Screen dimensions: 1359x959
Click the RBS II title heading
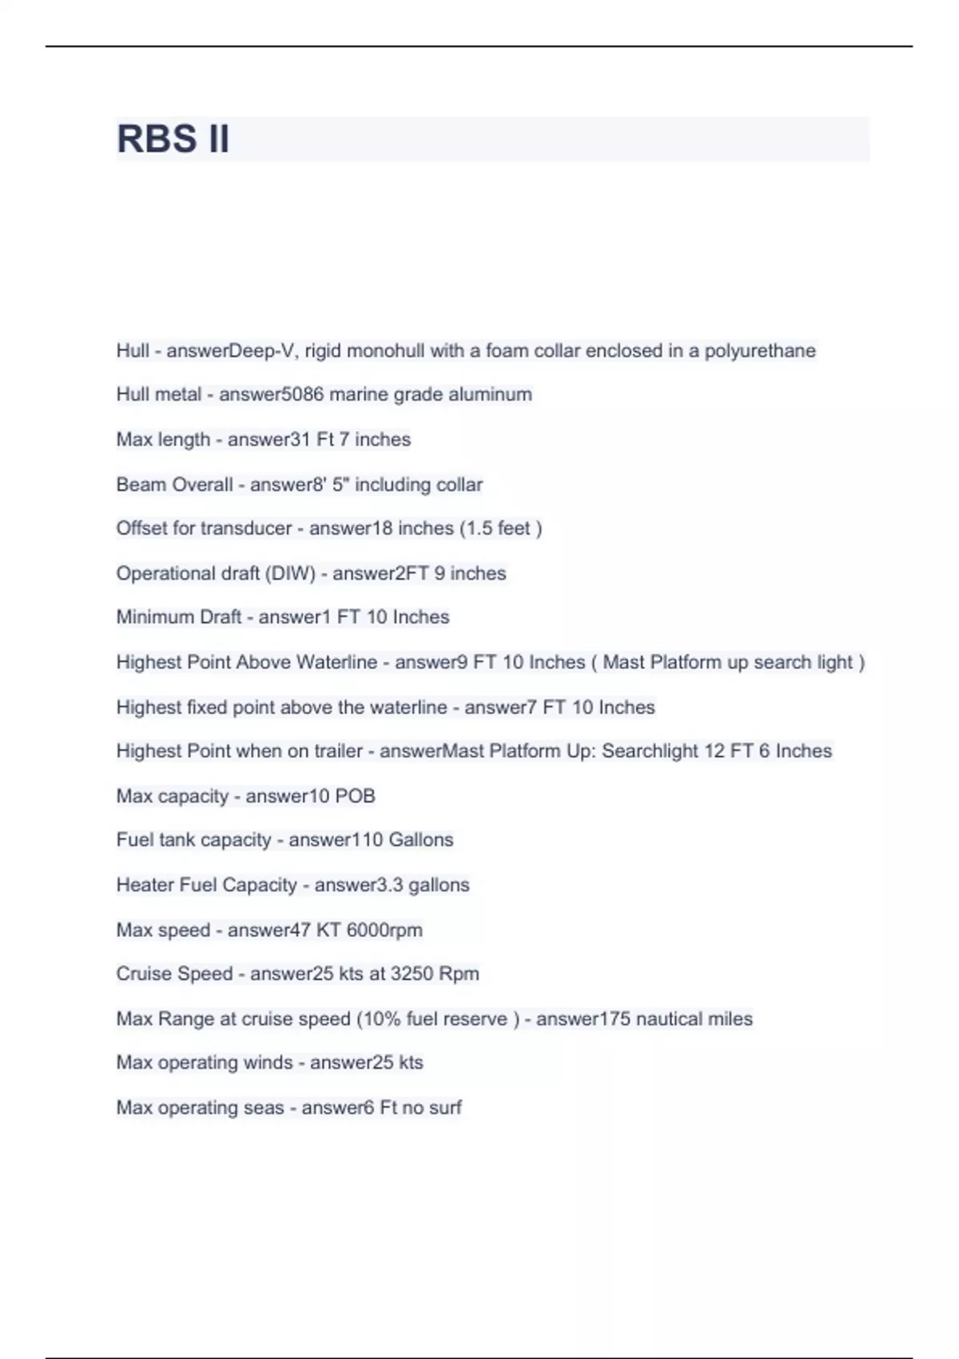(173, 138)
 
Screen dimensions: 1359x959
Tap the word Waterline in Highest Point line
(336, 662)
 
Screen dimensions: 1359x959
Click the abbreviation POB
(355, 796)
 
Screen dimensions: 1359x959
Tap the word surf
(445, 1108)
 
